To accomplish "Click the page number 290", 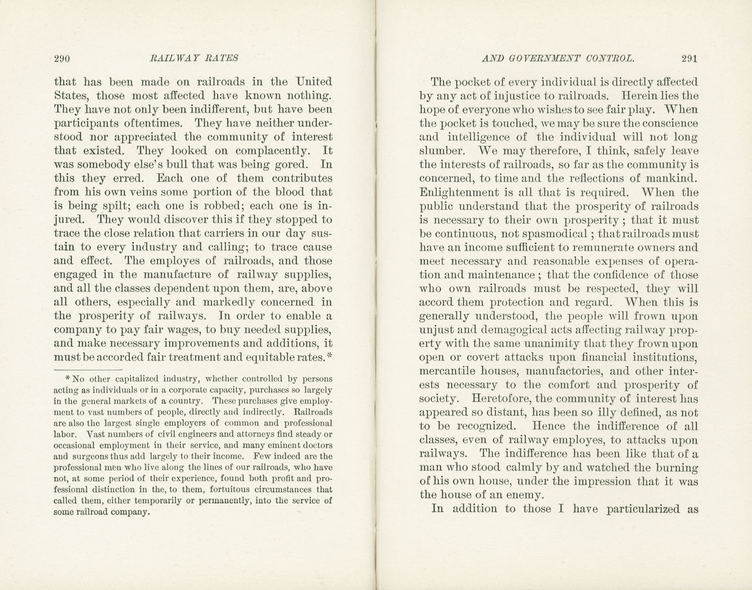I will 62,59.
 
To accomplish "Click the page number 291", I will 689,59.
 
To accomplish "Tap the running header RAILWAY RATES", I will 194,59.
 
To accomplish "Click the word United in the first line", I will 314,82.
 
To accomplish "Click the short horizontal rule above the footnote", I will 88,369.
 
